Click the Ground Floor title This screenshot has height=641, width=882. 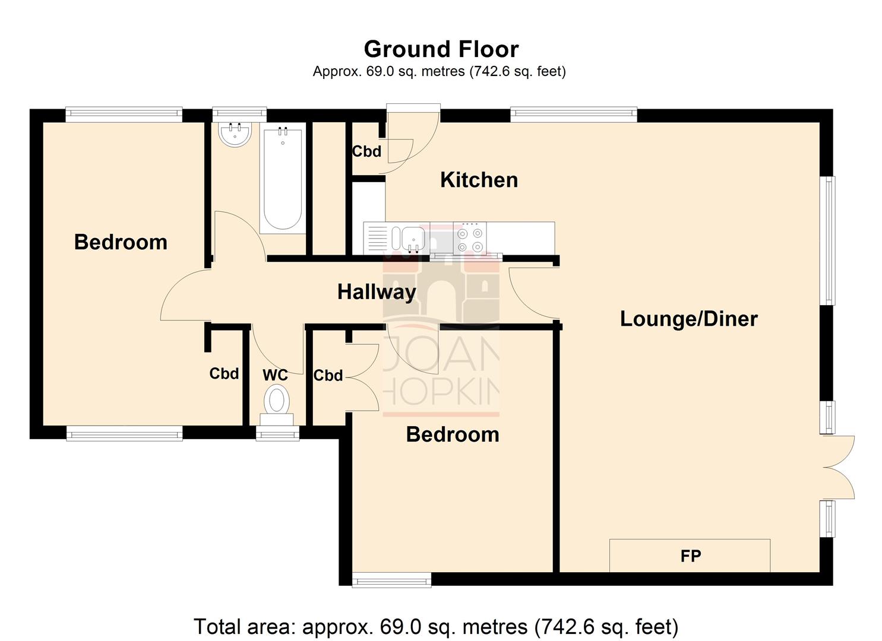tap(441, 49)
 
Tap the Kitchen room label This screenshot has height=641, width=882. tap(479, 180)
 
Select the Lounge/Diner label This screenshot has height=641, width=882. tap(688, 319)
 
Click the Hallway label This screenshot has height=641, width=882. tap(377, 291)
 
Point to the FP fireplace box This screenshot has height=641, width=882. tap(690, 556)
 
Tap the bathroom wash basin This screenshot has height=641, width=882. tap(235, 134)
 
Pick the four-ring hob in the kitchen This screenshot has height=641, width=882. tap(469, 239)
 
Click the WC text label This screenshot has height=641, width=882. tap(275, 375)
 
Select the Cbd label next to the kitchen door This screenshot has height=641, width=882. tap(366, 151)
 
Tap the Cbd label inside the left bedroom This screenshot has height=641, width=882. tap(224, 373)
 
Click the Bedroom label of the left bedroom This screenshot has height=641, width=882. tap(121, 242)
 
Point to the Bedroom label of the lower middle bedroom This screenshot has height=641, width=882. tap(452, 434)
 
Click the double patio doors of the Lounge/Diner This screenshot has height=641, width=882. tap(839, 467)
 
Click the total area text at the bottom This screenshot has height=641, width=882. tap(435, 627)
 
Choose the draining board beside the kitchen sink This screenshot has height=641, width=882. tap(377, 239)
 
